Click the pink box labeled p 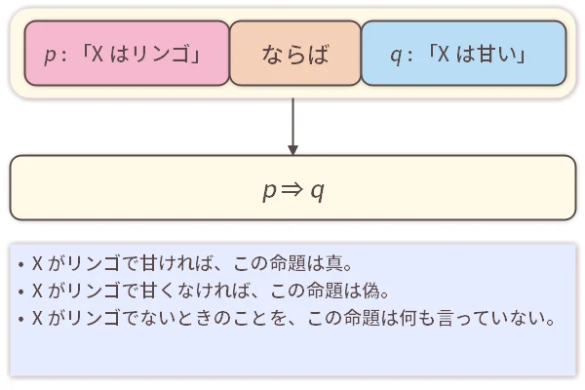[127, 54]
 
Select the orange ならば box [295, 54]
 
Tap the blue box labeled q [463, 54]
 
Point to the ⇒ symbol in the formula [293, 189]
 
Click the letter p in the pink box [51, 55]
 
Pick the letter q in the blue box [395, 55]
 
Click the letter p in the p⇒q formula [269, 190]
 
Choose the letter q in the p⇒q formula [317, 190]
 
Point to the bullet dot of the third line [20, 319]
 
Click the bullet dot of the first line [20, 263]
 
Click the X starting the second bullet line [37, 291]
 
